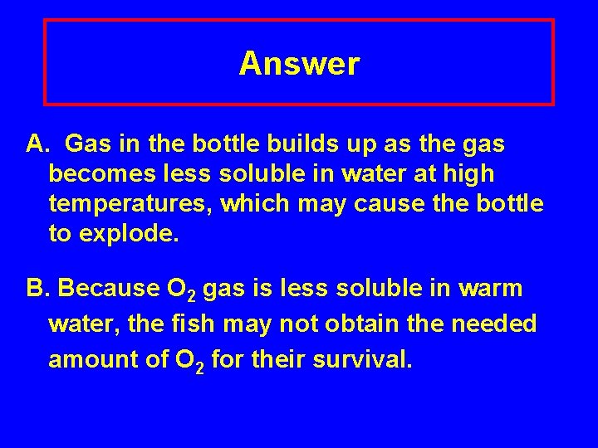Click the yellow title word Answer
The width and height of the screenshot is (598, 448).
(x=299, y=64)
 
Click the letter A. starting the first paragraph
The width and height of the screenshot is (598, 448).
(x=37, y=145)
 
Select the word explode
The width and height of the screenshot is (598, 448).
(x=128, y=235)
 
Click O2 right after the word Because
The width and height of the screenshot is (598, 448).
(x=180, y=290)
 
